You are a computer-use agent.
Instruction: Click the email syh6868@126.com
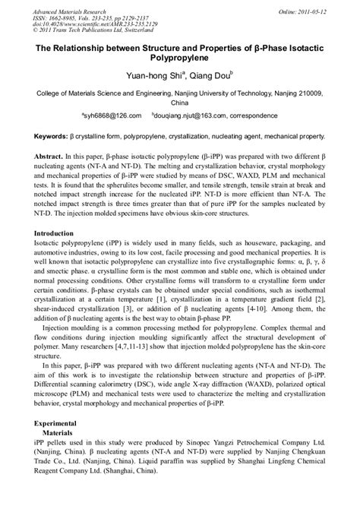[x=112, y=116]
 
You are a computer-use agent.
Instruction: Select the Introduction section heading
[x=47, y=233]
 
